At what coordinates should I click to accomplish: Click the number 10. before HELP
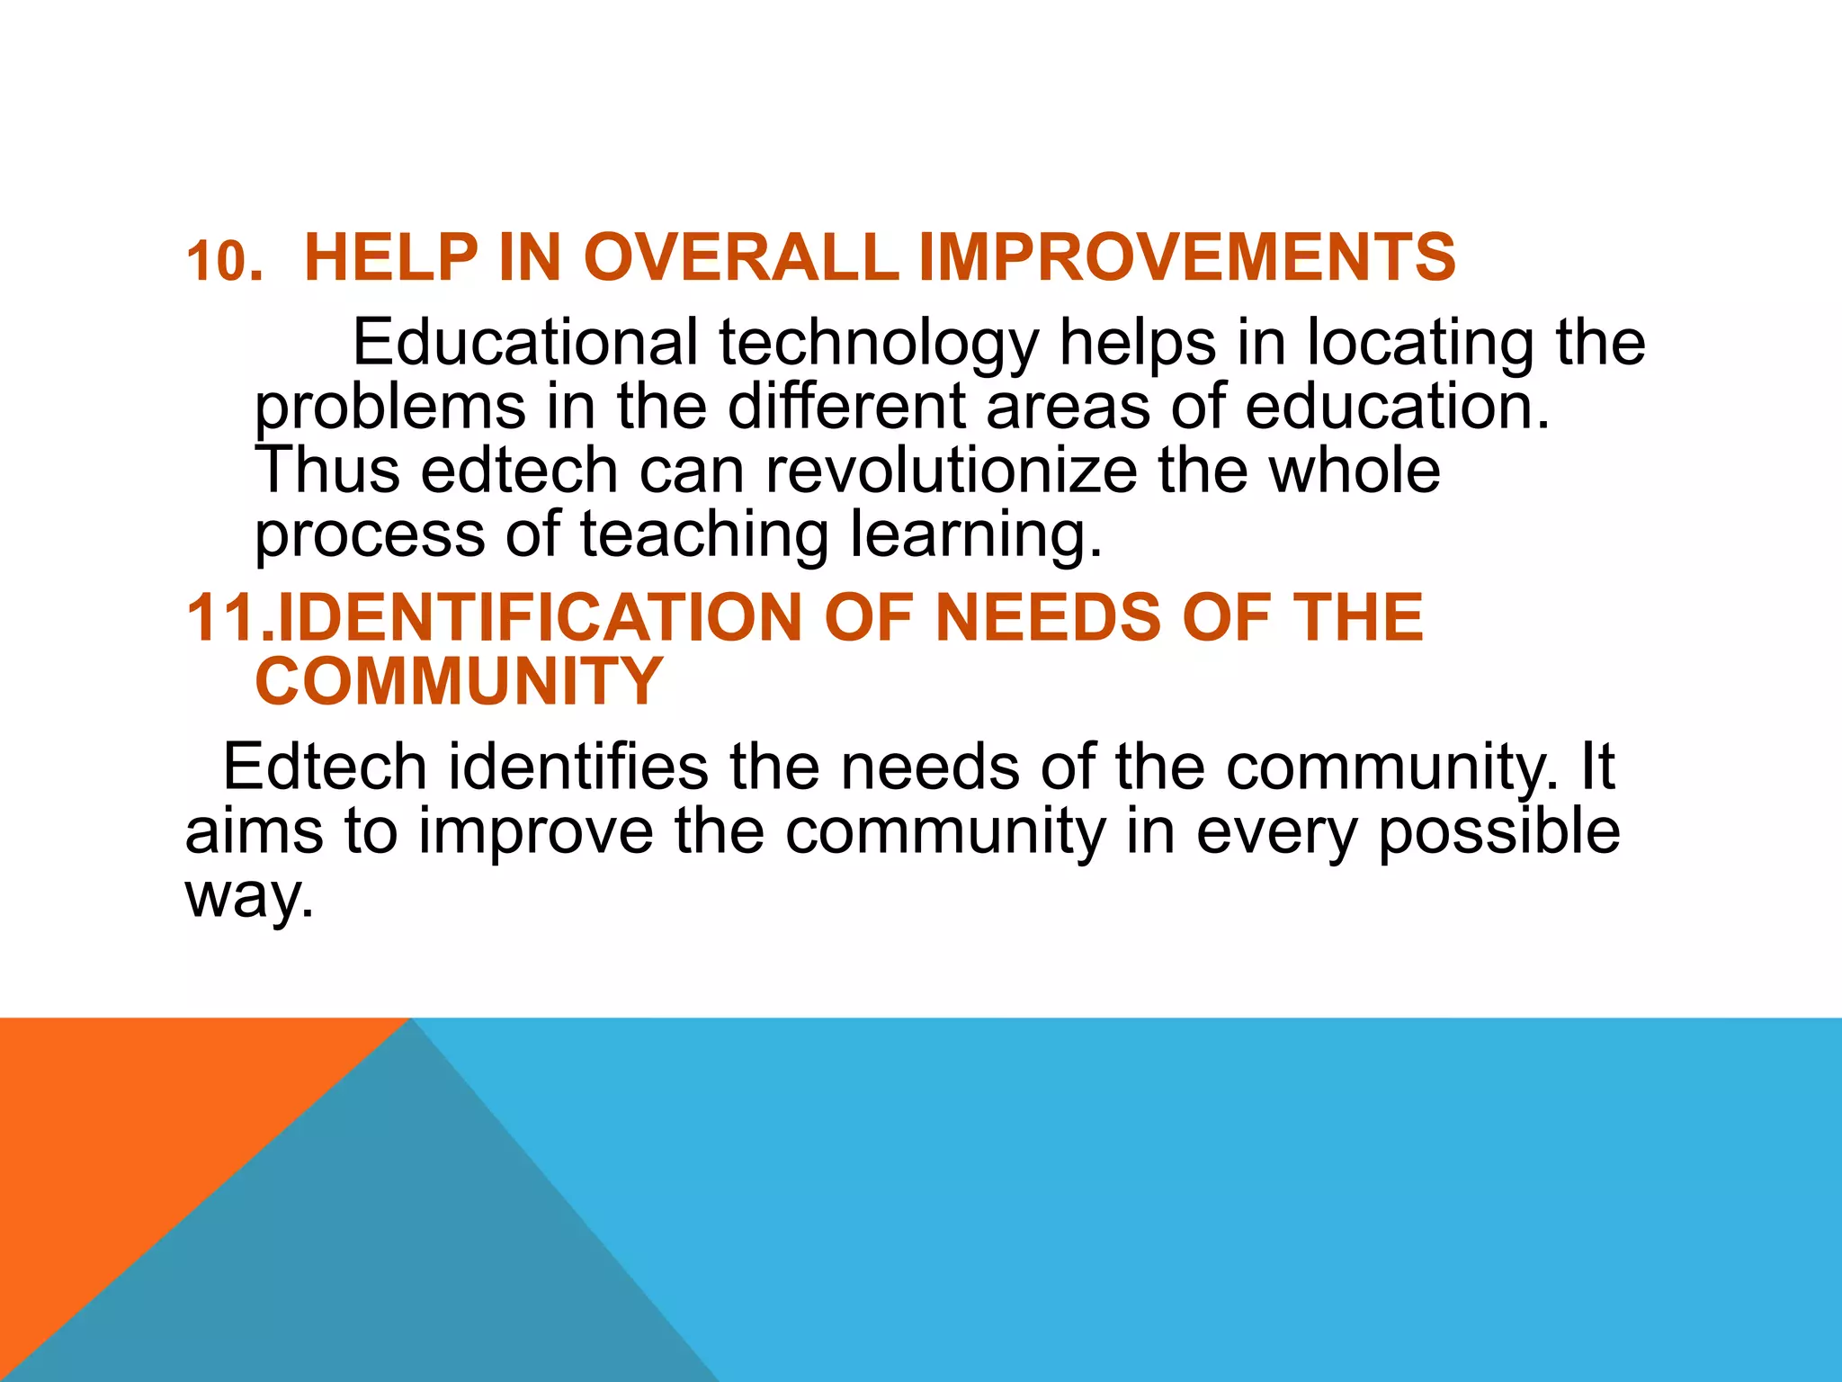point(224,262)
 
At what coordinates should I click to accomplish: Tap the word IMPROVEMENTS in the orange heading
point(1186,258)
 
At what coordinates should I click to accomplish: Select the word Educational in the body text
point(525,343)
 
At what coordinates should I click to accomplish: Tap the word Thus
point(326,471)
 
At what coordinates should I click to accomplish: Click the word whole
point(1354,471)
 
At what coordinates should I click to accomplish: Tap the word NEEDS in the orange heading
point(1048,618)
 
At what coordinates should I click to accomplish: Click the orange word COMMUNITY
point(459,682)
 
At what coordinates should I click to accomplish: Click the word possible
point(1498,832)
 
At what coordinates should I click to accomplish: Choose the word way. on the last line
point(250,897)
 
